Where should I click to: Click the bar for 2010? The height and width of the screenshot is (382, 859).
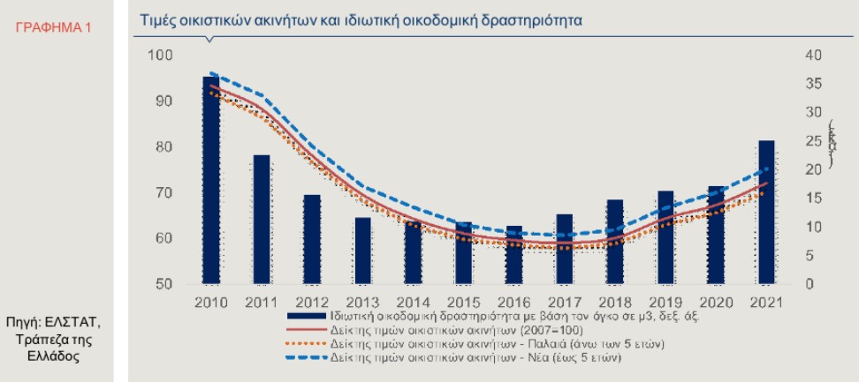(211, 181)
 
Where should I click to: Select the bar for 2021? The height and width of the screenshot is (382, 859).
(767, 213)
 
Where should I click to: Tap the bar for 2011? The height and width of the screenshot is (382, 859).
(262, 220)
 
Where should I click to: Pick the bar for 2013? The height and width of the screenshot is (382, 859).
(363, 251)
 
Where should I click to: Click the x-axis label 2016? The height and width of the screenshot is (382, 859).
(514, 303)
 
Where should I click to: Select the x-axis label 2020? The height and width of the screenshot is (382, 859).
(716, 303)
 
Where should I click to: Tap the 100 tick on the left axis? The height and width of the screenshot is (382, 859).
(162, 56)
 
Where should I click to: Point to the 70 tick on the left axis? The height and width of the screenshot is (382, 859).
(165, 193)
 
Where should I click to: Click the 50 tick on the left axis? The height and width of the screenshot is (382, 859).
(165, 285)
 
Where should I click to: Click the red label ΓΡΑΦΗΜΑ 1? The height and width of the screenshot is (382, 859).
(54, 28)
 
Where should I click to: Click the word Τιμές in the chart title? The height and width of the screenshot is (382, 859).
(159, 19)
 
